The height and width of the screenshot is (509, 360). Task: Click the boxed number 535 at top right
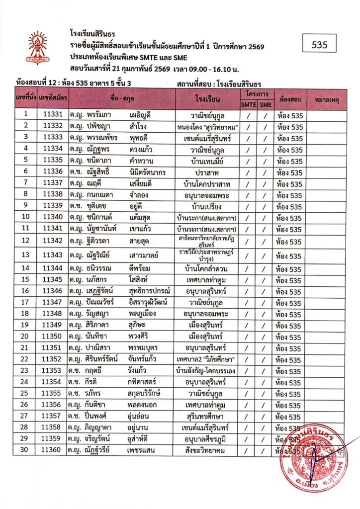tap(319, 45)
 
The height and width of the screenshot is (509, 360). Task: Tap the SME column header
tap(266, 104)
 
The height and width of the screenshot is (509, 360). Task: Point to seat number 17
tap(26, 303)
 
